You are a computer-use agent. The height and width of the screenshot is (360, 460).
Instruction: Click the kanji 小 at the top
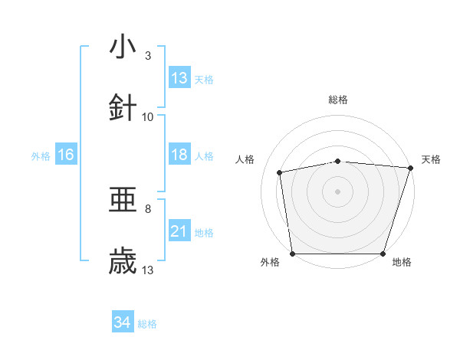(123, 47)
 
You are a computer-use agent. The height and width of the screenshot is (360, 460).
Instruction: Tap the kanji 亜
(123, 201)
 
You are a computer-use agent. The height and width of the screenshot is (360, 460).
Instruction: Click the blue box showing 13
(179, 78)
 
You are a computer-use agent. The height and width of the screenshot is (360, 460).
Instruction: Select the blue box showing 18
(179, 155)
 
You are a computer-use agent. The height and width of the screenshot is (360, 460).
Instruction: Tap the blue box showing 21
(179, 231)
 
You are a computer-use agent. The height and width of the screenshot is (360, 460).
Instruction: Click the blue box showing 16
(66, 155)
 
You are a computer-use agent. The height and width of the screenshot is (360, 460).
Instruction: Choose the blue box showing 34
(123, 322)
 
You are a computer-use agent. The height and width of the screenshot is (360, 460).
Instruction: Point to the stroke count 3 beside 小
(148, 56)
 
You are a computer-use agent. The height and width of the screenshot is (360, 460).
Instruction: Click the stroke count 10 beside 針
(148, 117)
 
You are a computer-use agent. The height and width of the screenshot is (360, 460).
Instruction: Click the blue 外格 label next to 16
(41, 155)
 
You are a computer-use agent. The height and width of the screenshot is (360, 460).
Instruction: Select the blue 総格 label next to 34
(147, 324)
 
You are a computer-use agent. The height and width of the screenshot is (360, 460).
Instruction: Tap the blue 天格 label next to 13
(204, 79)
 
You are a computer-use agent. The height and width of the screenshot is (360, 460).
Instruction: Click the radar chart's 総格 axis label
(338, 100)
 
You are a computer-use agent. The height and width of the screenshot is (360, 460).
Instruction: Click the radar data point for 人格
(281, 172)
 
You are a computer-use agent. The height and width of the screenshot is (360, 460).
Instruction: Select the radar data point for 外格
(292, 254)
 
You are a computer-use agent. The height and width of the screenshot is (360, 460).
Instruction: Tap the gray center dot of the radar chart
(338, 191)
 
